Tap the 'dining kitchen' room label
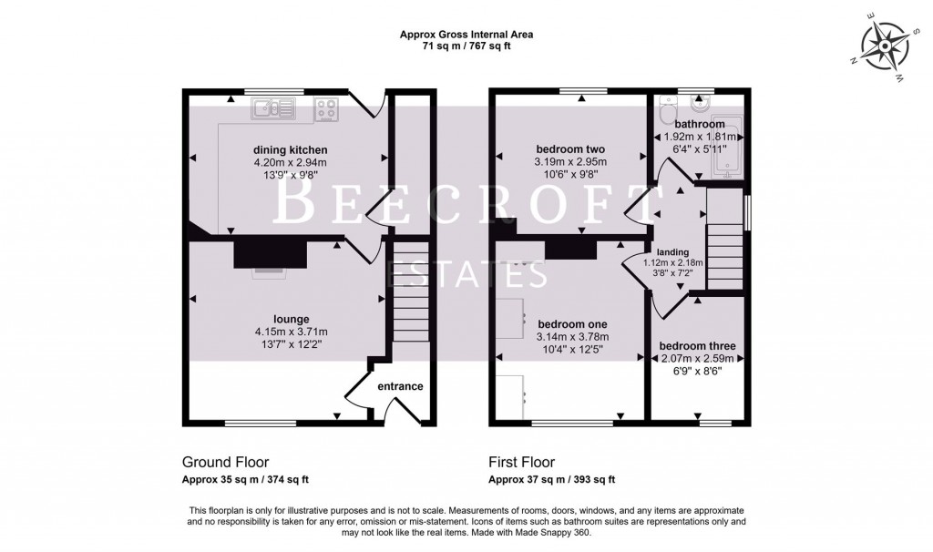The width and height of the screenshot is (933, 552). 290,150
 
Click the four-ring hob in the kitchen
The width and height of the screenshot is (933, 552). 327,110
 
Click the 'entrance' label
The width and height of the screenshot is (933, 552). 400,386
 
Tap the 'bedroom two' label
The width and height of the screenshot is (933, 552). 570,149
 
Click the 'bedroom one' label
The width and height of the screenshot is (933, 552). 572,323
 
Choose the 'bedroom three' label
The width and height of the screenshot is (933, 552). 697,346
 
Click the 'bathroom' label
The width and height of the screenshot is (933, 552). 700,124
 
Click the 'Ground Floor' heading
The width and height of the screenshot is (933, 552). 225,462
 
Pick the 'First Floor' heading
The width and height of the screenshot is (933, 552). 521,462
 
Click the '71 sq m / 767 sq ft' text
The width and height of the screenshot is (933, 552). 466,46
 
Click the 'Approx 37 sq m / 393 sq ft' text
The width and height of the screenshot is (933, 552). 551,479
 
